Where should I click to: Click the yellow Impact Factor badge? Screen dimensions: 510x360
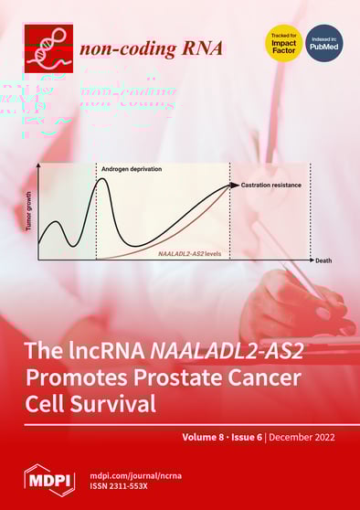click(x=283, y=44)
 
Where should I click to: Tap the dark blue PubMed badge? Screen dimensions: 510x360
click(x=323, y=44)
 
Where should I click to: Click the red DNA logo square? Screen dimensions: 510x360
click(x=47, y=46)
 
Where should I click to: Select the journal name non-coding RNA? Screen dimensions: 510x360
click(x=151, y=48)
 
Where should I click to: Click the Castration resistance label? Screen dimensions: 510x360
click(x=271, y=186)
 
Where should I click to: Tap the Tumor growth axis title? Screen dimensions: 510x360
click(x=29, y=211)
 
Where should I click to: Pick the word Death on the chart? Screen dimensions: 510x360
click(x=323, y=261)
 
